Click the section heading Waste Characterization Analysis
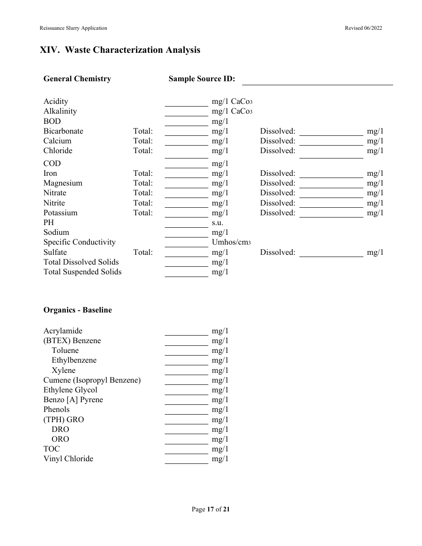(x=120, y=50)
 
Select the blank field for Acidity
(x=187, y=102)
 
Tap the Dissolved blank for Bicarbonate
(x=331, y=131)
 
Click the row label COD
(x=52, y=163)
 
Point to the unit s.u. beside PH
(x=217, y=222)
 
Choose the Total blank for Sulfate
(x=187, y=253)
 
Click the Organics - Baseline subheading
(x=78, y=310)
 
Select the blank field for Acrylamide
(x=187, y=332)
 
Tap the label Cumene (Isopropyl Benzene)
(x=92, y=380)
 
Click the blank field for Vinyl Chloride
(x=187, y=459)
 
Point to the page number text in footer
(x=211, y=510)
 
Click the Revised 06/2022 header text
(x=363, y=28)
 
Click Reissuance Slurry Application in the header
(x=73, y=28)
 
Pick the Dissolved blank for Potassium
(x=331, y=213)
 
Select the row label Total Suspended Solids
(x=82, y=272)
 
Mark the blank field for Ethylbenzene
(x=187, y=361)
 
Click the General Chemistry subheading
(x=77, y=79)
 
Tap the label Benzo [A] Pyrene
(x=73, y=400)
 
